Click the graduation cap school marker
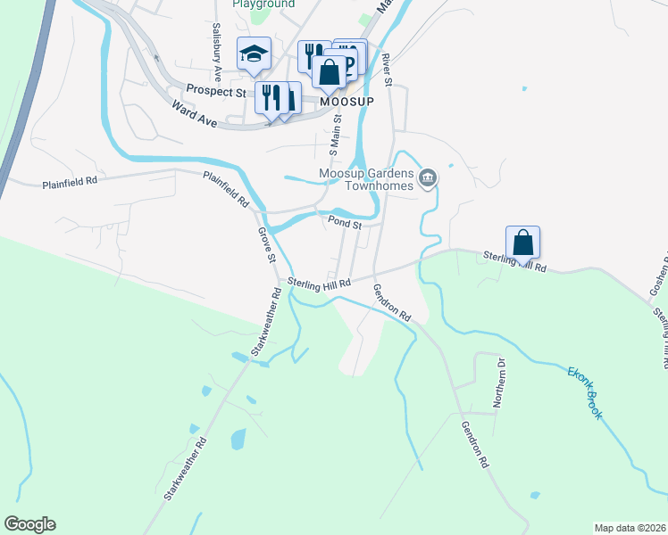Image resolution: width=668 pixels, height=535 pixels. click(254, 54)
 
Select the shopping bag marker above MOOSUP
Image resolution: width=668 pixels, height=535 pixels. click(330, 71)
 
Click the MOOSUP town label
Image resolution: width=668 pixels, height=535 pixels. click(346, 103)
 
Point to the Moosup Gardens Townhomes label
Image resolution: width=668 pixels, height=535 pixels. click(368, 178)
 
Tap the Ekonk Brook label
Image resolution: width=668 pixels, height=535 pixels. click(586, 392)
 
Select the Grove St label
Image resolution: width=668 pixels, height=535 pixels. click(266, 244)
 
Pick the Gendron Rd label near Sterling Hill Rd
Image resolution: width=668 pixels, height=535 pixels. click(391, 303)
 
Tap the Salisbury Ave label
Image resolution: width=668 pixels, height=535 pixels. click(217, 38)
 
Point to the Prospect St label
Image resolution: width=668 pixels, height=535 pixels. click(215, 90)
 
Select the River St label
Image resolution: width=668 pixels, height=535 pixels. click(388, 70)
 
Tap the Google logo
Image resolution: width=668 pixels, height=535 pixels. click(29, 524)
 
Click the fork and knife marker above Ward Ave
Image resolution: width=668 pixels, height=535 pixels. click(270, 95)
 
